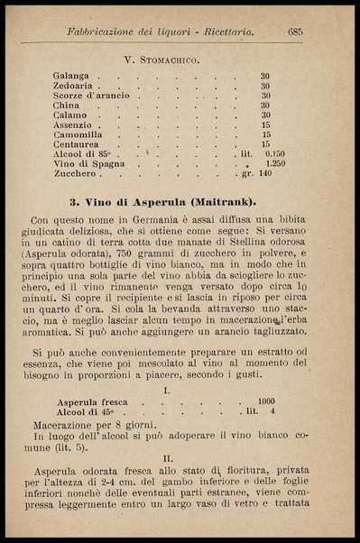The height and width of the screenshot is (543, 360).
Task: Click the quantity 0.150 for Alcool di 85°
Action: coord(274,154)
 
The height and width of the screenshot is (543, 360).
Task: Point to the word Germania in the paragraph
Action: coord(151,219)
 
